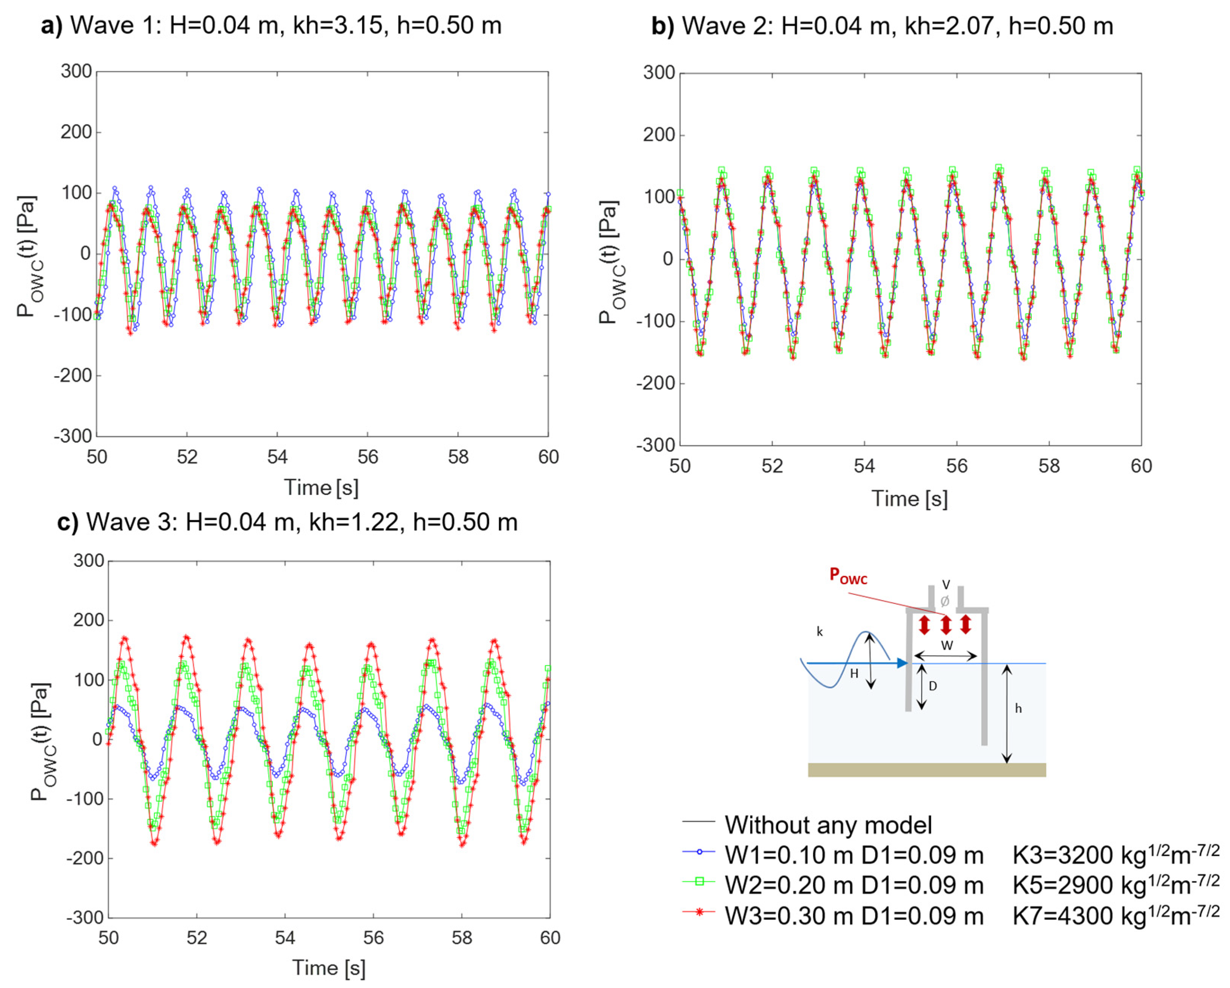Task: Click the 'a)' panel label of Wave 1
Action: (x=51, y=26)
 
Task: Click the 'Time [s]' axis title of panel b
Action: (x=910, y=499)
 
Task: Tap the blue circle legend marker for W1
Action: (x=699, y=852)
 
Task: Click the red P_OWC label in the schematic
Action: (x=848, y=576)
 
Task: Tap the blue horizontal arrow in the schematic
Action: (x=856, y=663)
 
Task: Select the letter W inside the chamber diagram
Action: (x=947, y=646)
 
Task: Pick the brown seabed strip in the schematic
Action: (x=927, y=770)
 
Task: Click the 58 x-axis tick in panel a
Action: (x=458, y=457)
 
